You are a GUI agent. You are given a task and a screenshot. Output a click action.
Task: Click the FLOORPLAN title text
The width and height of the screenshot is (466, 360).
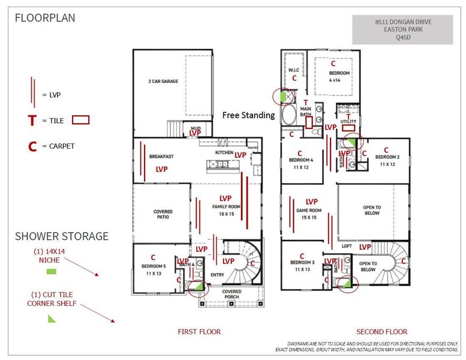pyautogui.click(x=45, y=18)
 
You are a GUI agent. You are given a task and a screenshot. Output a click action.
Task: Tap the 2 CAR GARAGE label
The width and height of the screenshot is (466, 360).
pyautogui.click(x=163, y=81)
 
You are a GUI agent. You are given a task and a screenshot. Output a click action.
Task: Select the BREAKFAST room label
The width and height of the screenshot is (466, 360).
pyautogui.click(x=161, y=157)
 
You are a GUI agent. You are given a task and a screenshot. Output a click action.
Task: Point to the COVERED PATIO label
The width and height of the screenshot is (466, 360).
pyautogui.click(x=163, y=214)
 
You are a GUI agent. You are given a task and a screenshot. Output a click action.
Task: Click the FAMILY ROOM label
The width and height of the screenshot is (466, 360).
pyautogui.click(x=226, y=206)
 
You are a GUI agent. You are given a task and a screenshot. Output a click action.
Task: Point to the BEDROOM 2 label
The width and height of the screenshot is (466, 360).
pyautogui.click(x=386, y=157)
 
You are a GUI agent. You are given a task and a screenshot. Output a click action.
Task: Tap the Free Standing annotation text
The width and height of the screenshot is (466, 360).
pyautogui.click(x=248, y=115)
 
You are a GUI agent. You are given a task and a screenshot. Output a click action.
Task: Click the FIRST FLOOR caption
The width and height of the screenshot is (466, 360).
pyautogui.click(x=199, y=332)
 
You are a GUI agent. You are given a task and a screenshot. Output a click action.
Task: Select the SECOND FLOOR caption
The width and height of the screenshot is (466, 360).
pyautogui.click(x=381, y=332)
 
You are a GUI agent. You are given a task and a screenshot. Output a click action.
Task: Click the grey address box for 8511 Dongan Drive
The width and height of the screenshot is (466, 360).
pyautogui.click(x=402, y=29)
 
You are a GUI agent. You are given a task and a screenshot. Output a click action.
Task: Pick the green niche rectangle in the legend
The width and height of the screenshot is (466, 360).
pyautogui.click(x=52, y=272)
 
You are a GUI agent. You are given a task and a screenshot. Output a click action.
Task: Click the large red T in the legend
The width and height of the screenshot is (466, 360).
pyautogui.click(x=32, y=121)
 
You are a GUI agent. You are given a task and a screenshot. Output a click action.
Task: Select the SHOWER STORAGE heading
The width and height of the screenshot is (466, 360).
pyautogui.click(x=62, y=236)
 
